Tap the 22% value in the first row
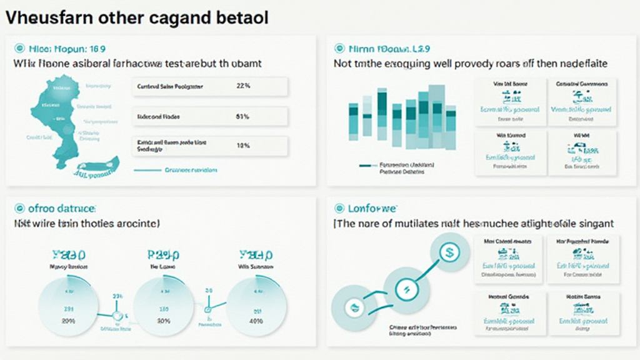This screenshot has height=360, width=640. pyautogui.click(x=244, y=87)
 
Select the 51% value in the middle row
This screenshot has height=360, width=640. pyautogui.click(x=243, y=116)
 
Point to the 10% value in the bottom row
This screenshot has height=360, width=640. pyautogui.click(x=243, y=146)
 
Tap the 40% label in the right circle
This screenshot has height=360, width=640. pyautogui.click(x=256, y=321)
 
